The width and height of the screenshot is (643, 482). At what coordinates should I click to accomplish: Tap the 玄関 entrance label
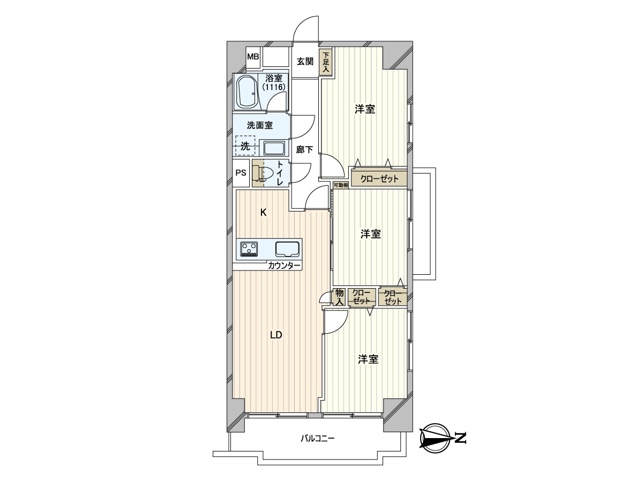coord(305,61)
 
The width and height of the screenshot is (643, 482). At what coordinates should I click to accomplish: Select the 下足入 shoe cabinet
coord(326,62)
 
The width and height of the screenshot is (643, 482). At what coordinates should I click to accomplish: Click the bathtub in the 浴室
coord(247,92)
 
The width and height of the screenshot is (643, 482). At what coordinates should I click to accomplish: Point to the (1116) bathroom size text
coord(274,87)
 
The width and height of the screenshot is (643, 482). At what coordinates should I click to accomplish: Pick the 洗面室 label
coord(260,126)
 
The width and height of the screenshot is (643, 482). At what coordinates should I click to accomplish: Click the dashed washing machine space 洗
coord(244,145)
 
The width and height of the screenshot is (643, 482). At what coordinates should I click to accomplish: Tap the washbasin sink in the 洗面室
coord(274,148)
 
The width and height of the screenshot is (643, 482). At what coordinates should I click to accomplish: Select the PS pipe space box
coord(241,173)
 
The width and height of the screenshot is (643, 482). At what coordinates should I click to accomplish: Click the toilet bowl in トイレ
coord(264,173)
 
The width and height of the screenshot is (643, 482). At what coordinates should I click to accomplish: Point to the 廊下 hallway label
coord(304,150)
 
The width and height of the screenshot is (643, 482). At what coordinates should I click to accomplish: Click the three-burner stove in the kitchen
coord(249,249)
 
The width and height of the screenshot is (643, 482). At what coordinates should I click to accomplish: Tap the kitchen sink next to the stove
coord(288,249)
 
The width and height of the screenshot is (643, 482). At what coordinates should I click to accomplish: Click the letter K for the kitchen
coord(263,212)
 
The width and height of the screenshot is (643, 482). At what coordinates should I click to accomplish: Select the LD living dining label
coord(275,336)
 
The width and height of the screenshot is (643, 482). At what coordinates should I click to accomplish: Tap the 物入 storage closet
coord(339,297)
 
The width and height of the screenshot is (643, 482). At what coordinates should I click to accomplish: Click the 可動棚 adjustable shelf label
coord(340,185)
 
